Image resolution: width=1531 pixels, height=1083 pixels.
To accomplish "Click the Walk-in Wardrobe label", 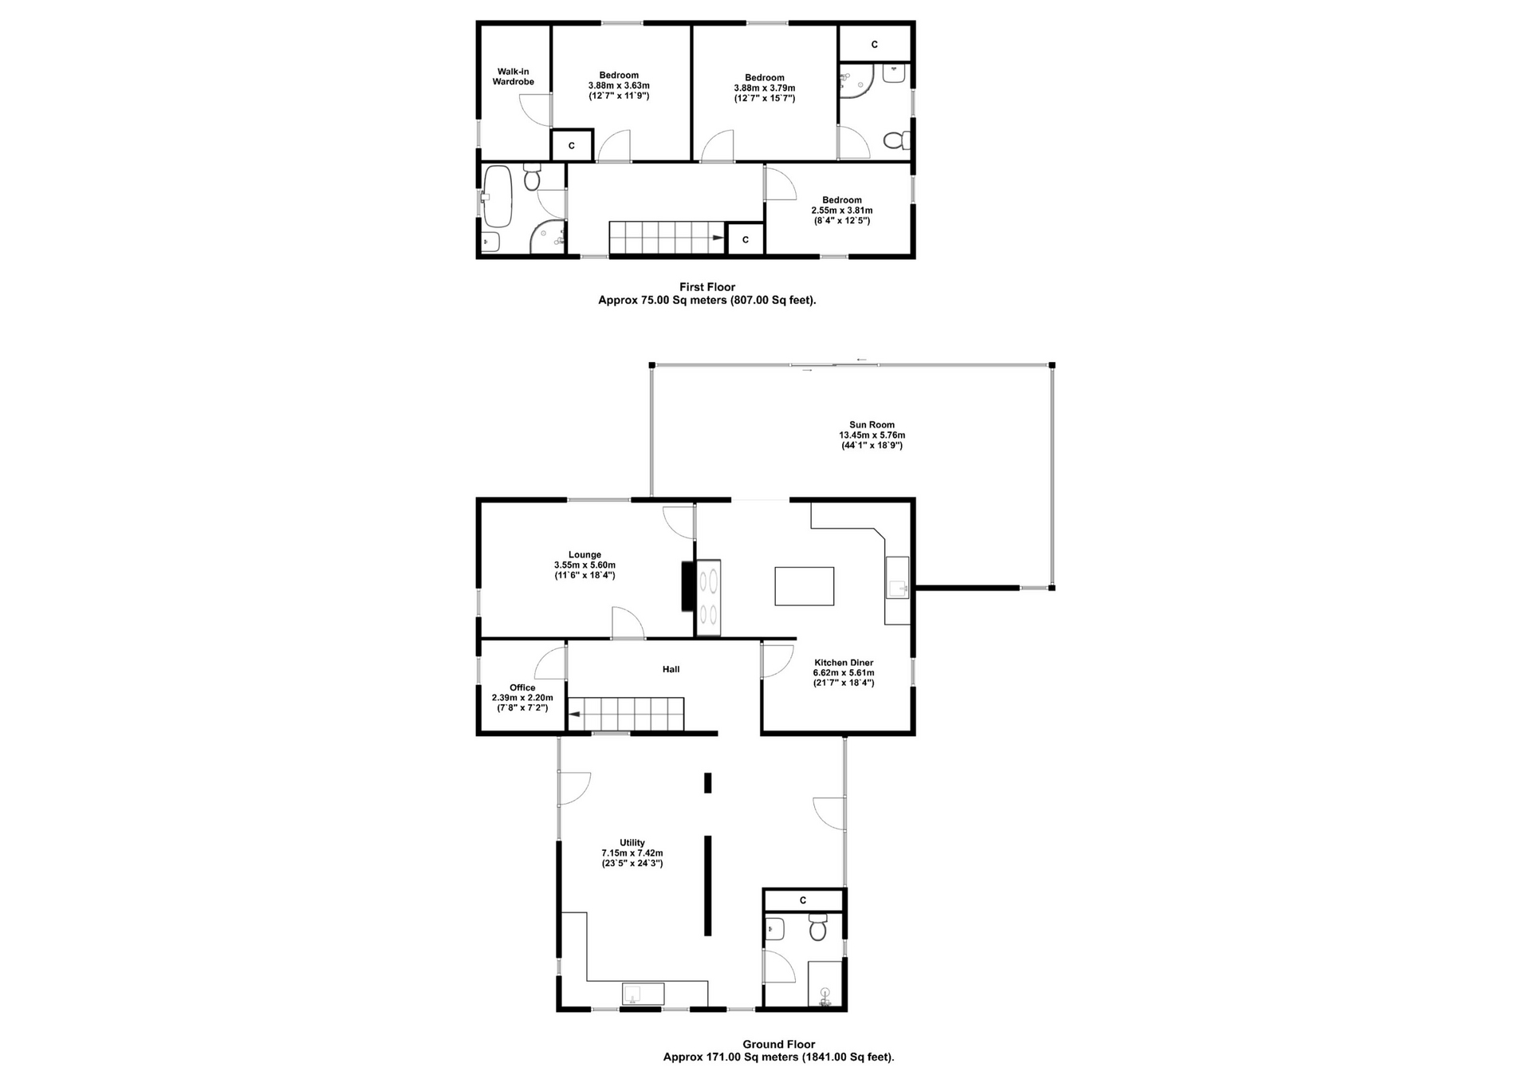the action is coord(513,77).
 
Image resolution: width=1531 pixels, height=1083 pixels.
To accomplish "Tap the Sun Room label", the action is coord(872,425).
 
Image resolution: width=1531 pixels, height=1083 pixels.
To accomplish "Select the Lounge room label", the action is coord(584,555).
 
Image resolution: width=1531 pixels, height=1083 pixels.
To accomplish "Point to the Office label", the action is coord(522,687).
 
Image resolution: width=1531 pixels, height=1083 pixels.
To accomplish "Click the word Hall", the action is coord(671,669).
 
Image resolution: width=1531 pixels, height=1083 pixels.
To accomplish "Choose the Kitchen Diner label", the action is coord(844,663).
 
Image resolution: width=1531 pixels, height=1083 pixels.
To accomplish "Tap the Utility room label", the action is coord(632,843).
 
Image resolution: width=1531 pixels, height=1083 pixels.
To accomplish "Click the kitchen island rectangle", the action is coord(805,586).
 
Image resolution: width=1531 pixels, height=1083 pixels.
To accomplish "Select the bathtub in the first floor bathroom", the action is coord(498,196).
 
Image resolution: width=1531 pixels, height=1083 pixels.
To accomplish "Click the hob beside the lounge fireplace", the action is coord(708,597).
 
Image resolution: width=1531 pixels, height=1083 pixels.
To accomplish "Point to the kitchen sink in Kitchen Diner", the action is coord(898,577).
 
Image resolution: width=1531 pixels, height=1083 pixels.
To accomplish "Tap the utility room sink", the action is coord(643,994).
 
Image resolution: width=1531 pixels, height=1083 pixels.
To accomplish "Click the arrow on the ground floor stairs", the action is coord(574,715).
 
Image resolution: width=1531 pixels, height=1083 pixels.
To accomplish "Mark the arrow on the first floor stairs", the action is coord(718,238).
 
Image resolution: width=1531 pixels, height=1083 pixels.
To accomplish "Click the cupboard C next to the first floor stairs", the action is coord(746,239).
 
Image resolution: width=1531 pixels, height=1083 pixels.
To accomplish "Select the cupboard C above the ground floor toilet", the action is coord(803,900).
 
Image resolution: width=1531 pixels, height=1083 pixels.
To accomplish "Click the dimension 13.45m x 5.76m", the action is coord(872,435).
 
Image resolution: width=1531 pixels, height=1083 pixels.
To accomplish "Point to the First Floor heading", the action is coord(707,287).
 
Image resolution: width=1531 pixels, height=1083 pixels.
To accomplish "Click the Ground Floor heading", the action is coord(779,1044).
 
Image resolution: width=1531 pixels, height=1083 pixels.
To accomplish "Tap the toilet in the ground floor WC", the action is coord(818,927).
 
